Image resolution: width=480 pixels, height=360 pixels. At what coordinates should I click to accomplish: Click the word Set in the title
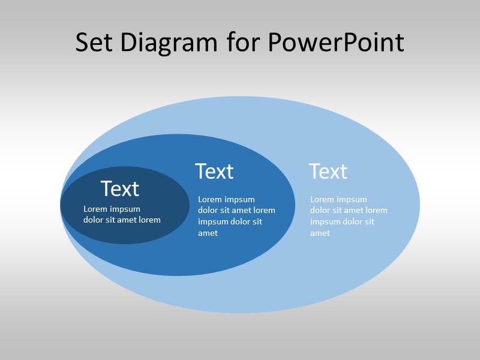coord(94,43)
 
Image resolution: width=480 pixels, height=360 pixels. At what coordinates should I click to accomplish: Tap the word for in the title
coord(244,43)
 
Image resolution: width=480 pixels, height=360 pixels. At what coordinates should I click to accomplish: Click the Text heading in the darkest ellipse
coord(120,189)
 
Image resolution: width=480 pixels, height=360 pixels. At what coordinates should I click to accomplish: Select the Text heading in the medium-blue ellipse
coord(214,172)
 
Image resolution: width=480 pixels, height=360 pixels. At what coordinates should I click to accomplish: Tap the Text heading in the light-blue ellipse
coord(328,172)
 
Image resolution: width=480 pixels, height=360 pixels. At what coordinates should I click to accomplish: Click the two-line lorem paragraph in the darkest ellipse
coord(122,214)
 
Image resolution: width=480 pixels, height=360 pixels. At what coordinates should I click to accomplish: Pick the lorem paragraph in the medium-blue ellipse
coord(236,216)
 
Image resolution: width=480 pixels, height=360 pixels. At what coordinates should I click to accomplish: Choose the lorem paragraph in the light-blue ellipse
coord(349,216)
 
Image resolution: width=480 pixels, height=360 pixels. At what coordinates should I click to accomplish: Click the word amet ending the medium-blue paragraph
coord(208,233)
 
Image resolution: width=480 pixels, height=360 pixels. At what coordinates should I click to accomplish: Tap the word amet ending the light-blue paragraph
coord(320,233)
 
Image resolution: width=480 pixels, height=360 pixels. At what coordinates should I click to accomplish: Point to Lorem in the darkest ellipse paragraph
coord(95,209)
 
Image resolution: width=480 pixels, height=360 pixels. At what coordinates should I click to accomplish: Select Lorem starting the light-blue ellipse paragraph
coord(322,199)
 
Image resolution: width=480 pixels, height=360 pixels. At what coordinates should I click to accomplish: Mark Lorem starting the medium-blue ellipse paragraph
coord(209,199)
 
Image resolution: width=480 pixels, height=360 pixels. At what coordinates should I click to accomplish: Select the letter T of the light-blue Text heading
coord(315,172)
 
